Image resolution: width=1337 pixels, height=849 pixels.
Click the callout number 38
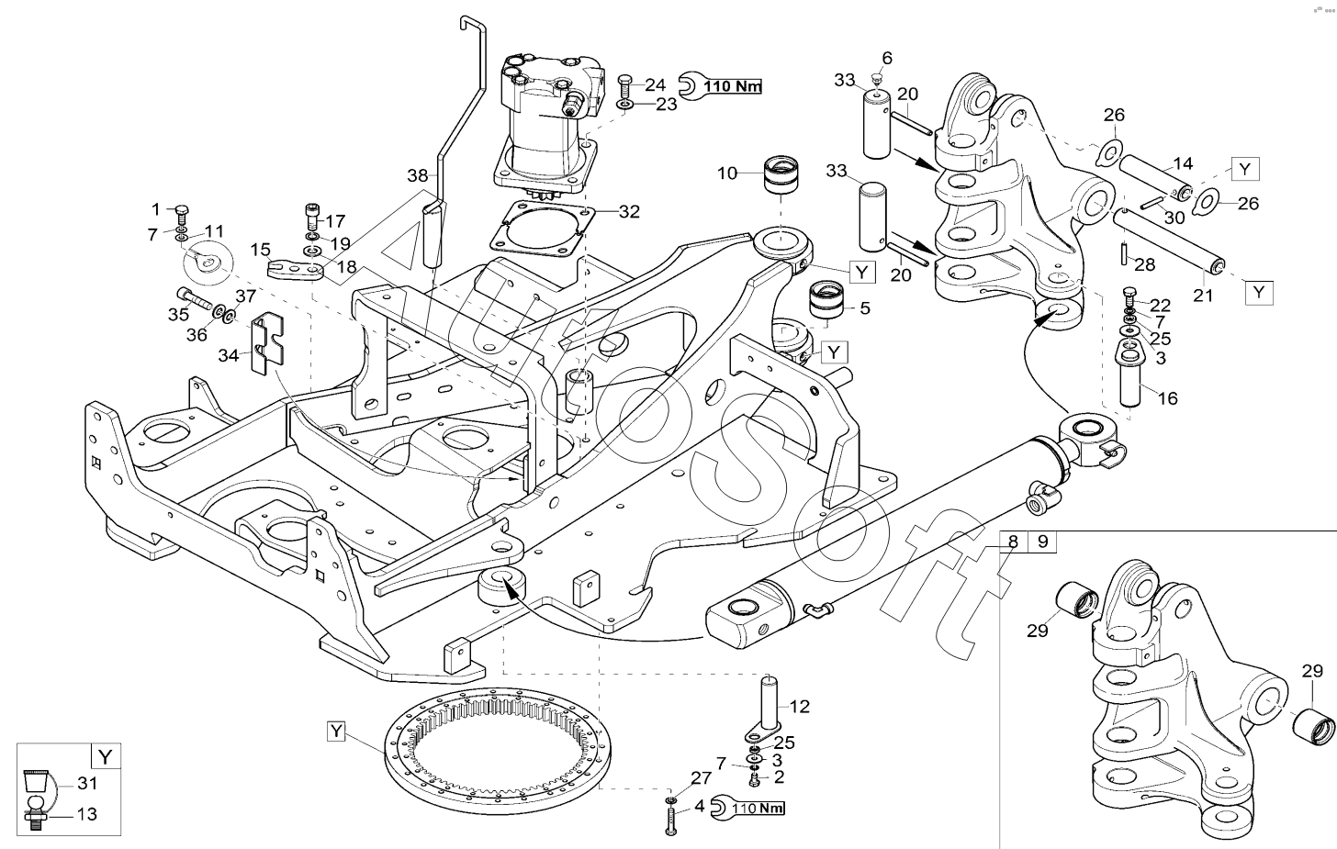point(419,176)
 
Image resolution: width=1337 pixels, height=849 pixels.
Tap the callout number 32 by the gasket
point(628,212)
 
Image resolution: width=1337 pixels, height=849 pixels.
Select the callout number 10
point(727,172)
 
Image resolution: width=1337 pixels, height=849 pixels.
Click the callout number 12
point(800,706)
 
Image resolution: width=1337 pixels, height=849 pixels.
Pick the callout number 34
point(229,354)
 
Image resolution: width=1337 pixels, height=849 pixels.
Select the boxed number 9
point(1042,542)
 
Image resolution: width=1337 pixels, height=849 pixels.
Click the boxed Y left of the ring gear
point(337,731)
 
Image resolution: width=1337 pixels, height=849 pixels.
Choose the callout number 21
point(1203,296)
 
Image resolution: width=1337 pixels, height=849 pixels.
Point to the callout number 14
point(1183,164)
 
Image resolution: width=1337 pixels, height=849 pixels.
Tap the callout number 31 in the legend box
point(86,783)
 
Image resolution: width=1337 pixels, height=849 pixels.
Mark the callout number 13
point(86,814)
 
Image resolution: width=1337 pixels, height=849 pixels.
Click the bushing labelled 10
point(778,176)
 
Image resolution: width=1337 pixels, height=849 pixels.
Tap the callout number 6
point(886,58)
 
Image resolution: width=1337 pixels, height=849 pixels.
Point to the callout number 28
point(1144,265)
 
